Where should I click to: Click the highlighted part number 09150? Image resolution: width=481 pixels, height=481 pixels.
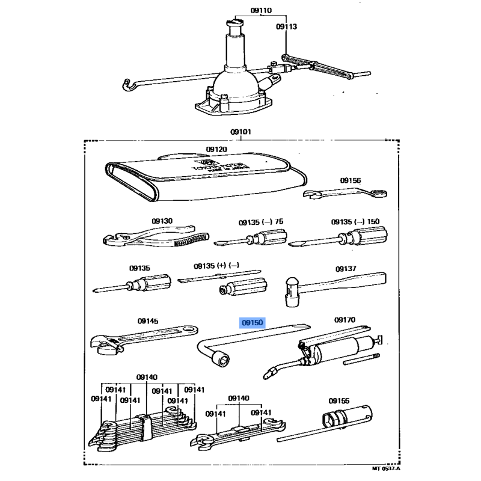(253, 323)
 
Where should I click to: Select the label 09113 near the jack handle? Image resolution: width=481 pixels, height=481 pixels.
(287, 27)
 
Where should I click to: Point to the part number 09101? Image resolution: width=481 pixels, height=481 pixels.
(240, 132)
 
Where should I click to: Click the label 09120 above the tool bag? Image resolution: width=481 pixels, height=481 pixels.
(216, 149)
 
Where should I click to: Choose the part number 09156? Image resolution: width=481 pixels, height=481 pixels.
(350, 180)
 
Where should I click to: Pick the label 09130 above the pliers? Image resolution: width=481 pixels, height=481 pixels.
(162, 221)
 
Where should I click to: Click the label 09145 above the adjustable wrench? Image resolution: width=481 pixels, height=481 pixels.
(148, 322)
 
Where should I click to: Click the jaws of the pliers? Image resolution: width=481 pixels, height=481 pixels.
(112, 240)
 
